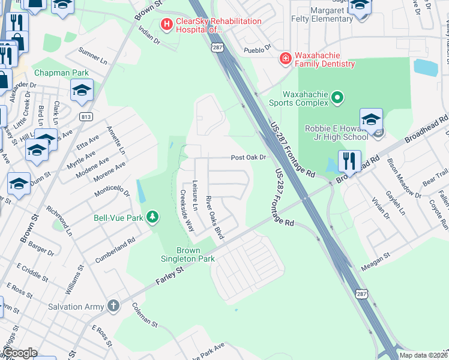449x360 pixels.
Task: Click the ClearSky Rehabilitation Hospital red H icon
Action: pyautogui.click(x=166, y=25)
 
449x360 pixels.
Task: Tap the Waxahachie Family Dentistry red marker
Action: pyautogui.click(x=286, y=59)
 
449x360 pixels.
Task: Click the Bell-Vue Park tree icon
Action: pyautogui.click(x=153, y=217)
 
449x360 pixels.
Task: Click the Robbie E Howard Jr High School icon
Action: pyautogui.click(x=371, y=119)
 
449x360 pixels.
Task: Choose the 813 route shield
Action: pyautogui.click(x=85, y=116)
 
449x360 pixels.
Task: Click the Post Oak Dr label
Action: pyautogui.click(x=249, y=158)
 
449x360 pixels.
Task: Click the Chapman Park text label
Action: pyautogui.click(x=61, y=73)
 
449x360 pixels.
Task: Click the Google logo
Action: pyautogui.click(x=20, y=353)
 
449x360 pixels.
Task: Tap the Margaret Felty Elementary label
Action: pyautogui.click(x=323, y=14)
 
